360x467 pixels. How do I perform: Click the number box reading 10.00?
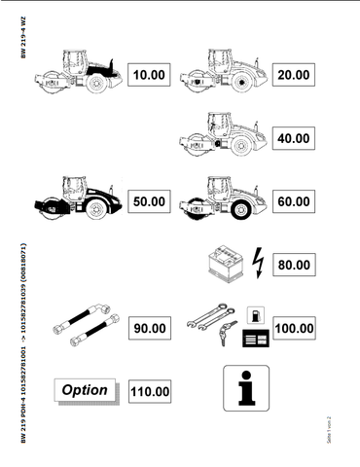[x=150, y=75]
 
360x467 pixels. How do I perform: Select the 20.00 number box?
[x=293, y=75]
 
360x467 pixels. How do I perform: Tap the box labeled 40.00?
[x=293, y=138]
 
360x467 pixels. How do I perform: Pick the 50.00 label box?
[x=150, y=201]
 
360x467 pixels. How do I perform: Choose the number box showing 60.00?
[x=293, y=201]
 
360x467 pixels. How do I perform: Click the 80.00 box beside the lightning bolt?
[x=293, y=264]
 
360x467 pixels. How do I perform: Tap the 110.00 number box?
[x=150, y=391]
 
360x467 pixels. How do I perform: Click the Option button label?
[x=85, y=391]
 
